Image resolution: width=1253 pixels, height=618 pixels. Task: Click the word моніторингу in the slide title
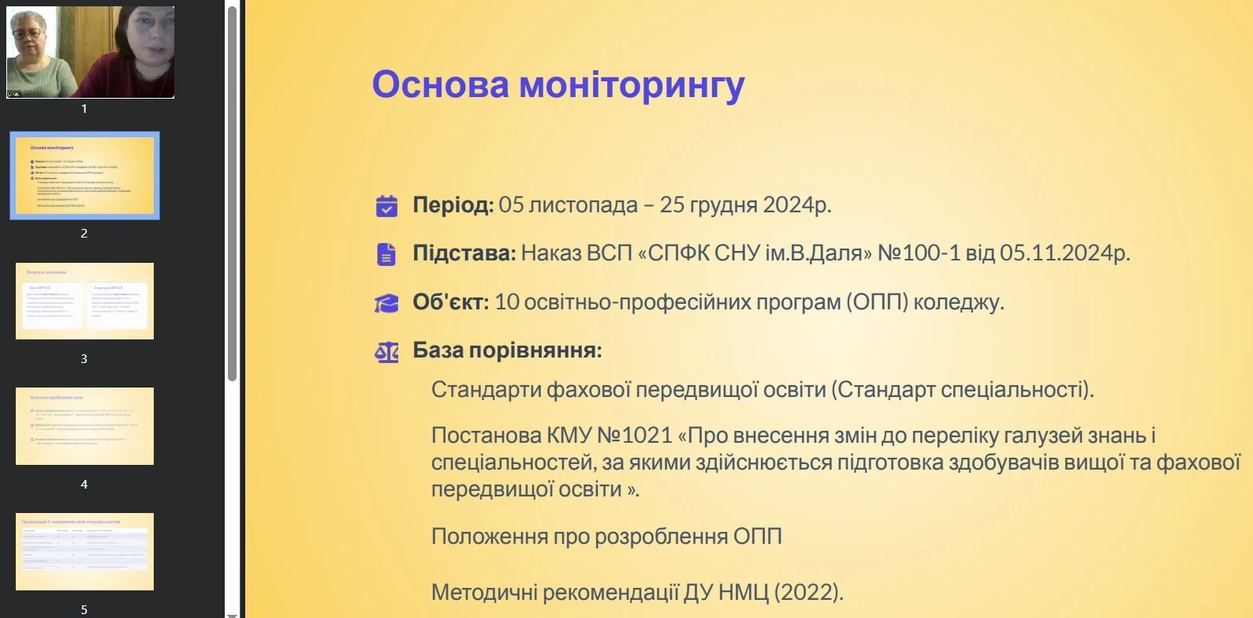(632, 85)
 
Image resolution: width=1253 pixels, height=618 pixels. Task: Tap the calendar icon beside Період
(386, 206)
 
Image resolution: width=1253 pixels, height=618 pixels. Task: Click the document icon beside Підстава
(386, 254)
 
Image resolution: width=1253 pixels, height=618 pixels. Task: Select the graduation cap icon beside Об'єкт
(386, 303)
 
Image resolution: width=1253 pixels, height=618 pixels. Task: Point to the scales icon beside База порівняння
(386, 351)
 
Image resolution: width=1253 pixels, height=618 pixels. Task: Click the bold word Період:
(453, 205)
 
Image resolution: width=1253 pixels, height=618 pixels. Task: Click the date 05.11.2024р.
(1065, 253)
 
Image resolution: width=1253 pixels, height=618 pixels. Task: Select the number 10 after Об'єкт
(507, 302)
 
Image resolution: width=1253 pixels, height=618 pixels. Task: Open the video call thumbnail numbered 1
(90, 52)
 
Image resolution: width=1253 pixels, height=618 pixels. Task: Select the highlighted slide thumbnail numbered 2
(84, 175)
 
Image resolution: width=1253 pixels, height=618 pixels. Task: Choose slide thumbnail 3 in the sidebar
(84, 301)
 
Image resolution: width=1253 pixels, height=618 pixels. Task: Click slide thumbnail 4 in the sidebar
(84, 426)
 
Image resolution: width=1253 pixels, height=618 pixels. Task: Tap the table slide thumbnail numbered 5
(84, 551)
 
